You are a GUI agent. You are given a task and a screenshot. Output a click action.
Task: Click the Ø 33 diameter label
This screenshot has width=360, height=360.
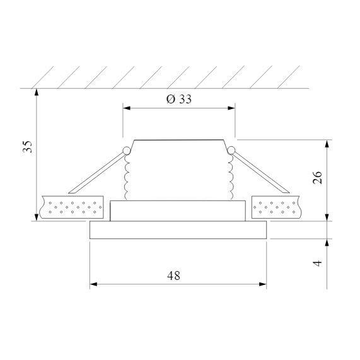178,100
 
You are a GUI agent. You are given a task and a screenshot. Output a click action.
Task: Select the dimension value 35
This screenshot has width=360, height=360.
26,147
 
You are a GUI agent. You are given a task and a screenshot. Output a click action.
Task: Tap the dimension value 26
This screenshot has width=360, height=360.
318,177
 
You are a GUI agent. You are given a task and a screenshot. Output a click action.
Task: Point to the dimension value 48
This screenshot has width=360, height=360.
174,275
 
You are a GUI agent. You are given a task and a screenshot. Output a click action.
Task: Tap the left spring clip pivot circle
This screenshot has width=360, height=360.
126,150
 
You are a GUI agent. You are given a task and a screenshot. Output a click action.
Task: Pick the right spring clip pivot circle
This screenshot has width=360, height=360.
231,150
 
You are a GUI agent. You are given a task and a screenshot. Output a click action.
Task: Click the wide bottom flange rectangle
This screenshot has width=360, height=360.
178,230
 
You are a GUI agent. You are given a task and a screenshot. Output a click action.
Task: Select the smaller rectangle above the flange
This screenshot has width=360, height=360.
178,211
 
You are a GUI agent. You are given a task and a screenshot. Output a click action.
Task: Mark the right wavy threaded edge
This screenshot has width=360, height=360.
230,177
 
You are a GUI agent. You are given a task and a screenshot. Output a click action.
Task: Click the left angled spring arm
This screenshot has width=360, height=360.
95,172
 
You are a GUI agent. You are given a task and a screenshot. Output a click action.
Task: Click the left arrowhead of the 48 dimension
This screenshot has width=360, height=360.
94,284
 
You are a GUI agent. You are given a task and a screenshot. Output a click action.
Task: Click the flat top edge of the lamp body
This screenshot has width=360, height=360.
178,139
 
